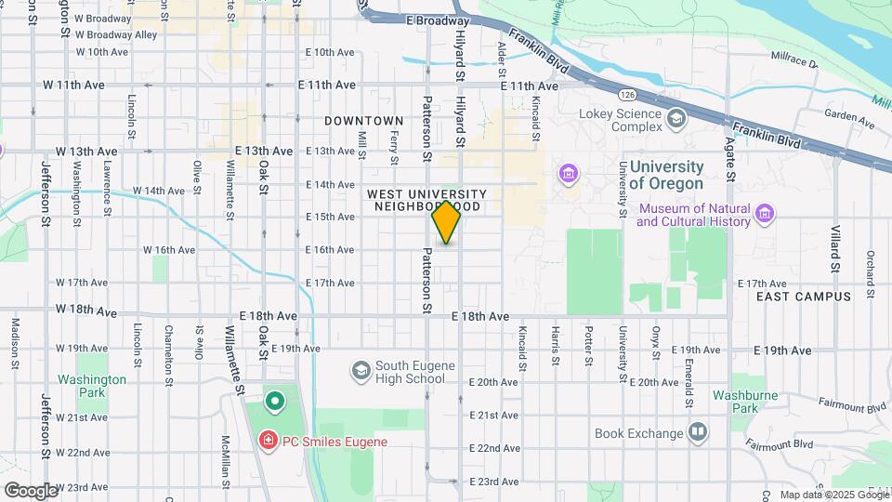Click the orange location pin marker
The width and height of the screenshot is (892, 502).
click(447, 222)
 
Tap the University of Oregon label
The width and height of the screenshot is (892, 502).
click(666, 174)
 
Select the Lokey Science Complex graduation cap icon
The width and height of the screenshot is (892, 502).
click(676, 117)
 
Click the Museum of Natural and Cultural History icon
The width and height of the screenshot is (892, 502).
click(765, 215)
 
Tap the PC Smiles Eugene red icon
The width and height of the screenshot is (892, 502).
click(269, 441)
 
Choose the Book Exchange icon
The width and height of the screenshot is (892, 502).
click(698, 432)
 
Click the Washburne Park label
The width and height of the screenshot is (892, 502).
click(739, 401)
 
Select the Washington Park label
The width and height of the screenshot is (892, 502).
click(91, 386)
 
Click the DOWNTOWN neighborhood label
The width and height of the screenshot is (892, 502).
click(364, 121)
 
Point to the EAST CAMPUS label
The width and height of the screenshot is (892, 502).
click(804, 297)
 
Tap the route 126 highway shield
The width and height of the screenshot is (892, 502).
click(627, 94)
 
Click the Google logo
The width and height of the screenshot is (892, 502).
click(31, 490)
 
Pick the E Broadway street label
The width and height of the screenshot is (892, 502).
click(438, 20)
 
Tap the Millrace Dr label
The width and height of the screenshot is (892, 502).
click(794, 59)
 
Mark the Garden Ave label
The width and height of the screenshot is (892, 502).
click(850, 118)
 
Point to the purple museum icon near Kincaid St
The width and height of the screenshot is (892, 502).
click(567, 174)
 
